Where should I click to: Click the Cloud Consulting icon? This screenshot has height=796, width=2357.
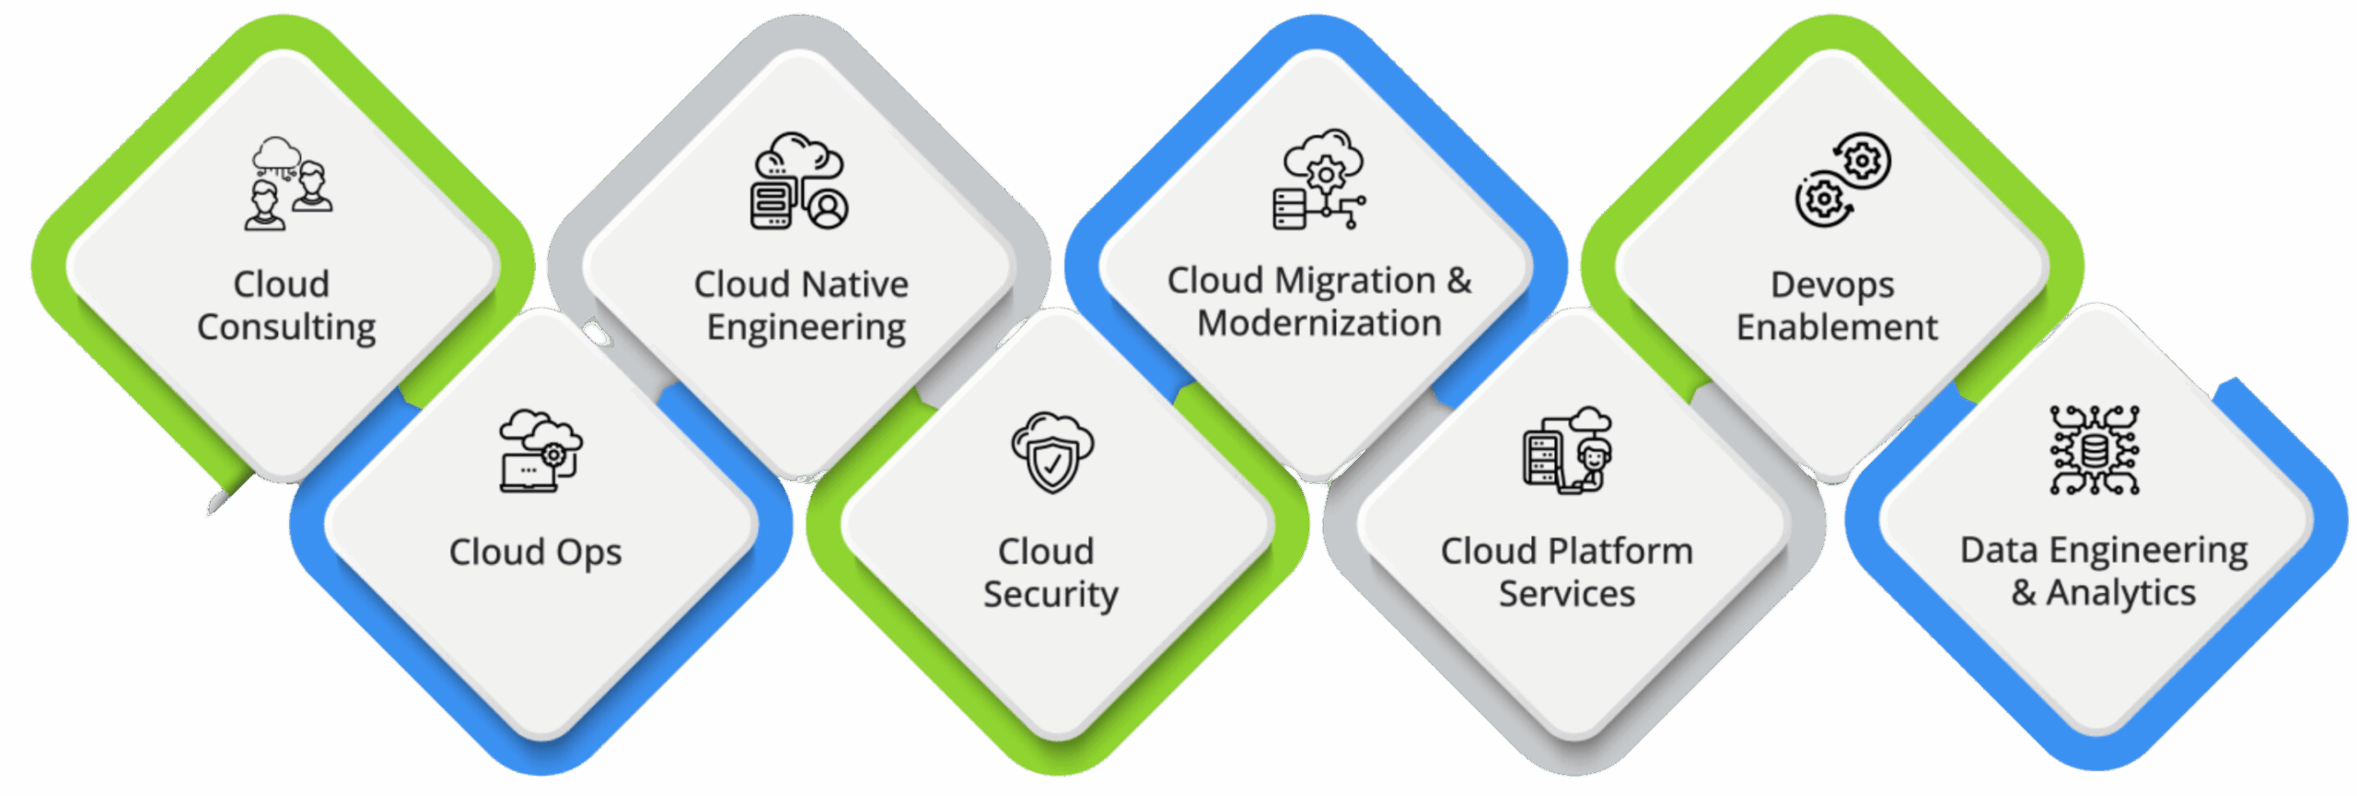pos(288,183)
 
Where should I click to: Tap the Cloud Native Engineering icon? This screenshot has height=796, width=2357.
pos(799,181)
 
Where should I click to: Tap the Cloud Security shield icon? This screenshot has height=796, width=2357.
pos(1052,452)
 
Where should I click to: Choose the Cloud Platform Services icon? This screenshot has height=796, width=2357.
pos(1566,451)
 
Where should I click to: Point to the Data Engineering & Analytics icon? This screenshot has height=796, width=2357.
pos(2094,451)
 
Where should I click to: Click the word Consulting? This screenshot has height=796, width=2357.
pos(286,328)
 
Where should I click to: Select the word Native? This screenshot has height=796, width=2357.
pos(855,285)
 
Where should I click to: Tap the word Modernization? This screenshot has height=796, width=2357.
pos(1318,323)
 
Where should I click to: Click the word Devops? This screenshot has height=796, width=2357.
pos(1832,286)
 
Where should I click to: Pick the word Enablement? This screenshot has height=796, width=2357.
pos(1837,328)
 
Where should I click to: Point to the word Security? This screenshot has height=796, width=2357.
pos(1051,595)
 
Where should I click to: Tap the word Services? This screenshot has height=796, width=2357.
pos(1566,594)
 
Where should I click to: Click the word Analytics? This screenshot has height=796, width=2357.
pos(2120,593)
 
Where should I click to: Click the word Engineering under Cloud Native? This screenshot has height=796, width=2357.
pos(806,328)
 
